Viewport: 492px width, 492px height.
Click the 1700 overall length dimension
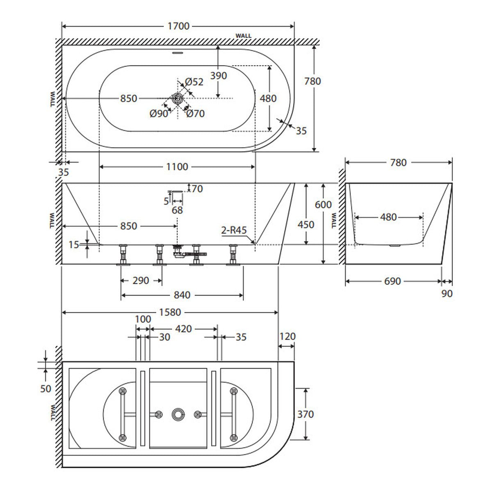[x=178, y=26]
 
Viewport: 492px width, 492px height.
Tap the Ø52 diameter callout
[x=194, y=82]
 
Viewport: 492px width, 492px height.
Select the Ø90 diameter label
[x=159, y=114]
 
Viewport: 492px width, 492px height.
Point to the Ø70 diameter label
[x=195, y=114]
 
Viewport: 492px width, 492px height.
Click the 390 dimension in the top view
[x=218, y=75]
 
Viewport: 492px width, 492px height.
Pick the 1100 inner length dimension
[x=177, y=167]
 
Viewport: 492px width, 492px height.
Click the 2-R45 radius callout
[x=234, y=230]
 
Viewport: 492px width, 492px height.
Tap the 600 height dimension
[x=323, y=204]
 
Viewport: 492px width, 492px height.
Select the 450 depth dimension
[x=306, y=225]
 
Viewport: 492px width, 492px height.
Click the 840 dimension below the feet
[x=182, y=295]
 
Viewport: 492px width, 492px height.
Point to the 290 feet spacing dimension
[x=141, y=281]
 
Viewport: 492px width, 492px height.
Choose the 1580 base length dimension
[x=170, y=312]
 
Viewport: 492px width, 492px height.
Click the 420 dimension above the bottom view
[x=183, y=329]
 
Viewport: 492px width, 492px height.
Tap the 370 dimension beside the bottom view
[x=305, y=414]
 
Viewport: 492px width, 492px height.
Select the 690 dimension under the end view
[x=392, y=281]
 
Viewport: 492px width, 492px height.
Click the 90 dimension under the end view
[x=447, y=294]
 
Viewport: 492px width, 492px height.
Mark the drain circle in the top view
[x=178, y=98]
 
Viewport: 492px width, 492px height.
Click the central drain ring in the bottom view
[x=178, y=414]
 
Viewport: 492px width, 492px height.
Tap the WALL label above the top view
[x=244, y=36]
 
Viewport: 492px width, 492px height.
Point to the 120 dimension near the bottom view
[x=287, y=337]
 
